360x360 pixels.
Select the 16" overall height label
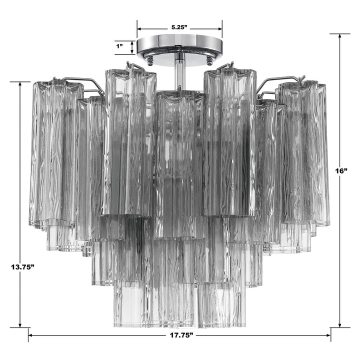tap(341, 171)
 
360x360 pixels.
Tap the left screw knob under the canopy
tap(149, 60)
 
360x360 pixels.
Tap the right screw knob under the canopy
tap(209, 60)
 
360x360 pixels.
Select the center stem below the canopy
tap(179, 71)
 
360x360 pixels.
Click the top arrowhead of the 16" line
tap(340, 36)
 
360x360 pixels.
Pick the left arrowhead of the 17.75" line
tap(31, 334)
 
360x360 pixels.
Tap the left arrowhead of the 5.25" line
tap(140, 28)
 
